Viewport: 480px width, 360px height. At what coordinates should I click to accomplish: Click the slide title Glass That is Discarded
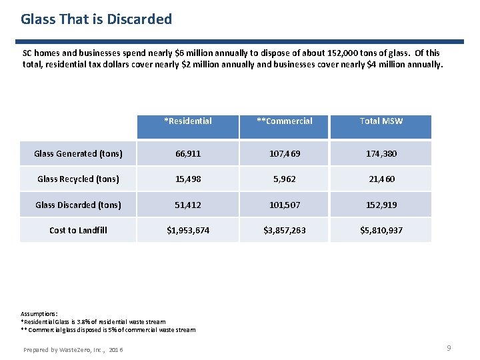click(96, 19)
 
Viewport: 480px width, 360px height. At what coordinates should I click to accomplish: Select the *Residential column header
click(188, 121)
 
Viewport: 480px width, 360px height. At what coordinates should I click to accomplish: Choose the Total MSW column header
click(381, 121)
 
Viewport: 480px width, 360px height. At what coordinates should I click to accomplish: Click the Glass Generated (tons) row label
click(78, 153)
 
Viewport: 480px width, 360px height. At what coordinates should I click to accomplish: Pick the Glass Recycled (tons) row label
click(78, 179)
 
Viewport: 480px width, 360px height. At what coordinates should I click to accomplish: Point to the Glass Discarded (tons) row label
click(78, 205)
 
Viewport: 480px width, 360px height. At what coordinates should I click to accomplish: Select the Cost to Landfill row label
click(78, 230)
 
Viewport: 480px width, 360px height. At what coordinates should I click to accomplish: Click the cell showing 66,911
click(188, 153)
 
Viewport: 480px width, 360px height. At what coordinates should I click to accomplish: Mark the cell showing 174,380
click(381, 153)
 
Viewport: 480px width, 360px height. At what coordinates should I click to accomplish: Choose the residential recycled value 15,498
click(188, 179)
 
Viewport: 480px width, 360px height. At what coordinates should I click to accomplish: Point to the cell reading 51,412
click(188, 205)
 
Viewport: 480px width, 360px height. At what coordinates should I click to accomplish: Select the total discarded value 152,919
click(381, 205)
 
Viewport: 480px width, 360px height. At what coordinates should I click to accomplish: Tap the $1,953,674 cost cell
click(188, 230)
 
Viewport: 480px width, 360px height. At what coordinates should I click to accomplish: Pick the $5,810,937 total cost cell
click(381, 230)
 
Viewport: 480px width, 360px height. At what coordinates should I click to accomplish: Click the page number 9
click(449, 348)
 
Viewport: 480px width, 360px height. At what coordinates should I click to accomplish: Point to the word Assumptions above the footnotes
click(39, 313)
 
